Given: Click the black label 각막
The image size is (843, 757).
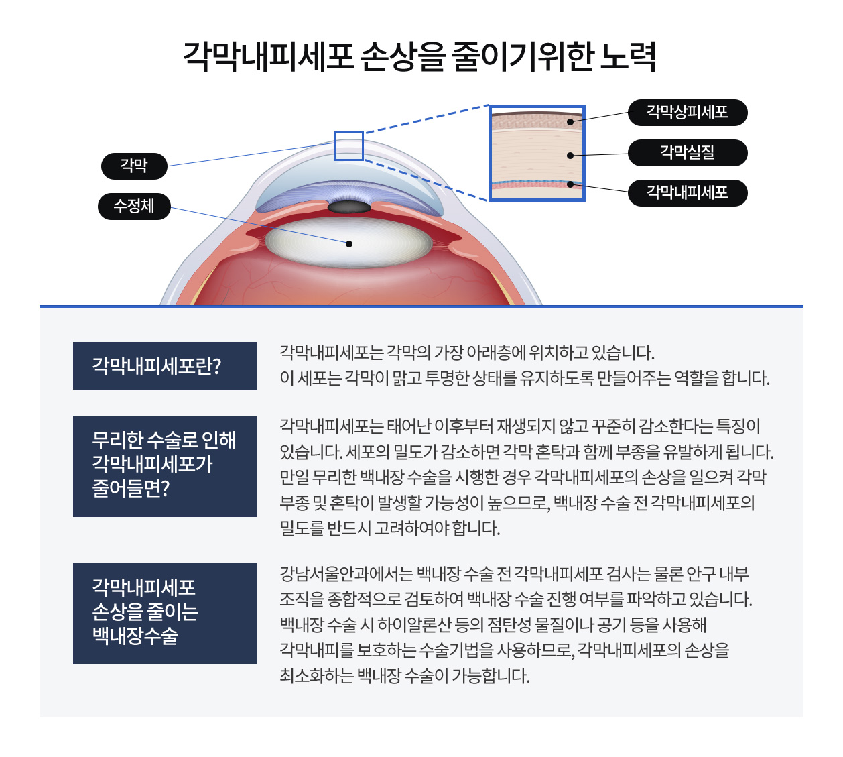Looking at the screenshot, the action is click(134, 166).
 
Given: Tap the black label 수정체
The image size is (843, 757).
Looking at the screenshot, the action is click(134, 206).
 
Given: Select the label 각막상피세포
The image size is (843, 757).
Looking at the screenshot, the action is click(687, 113).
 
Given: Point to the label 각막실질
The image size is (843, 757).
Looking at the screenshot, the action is click(687, 152).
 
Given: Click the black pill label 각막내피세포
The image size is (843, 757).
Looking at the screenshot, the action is click(687, 193).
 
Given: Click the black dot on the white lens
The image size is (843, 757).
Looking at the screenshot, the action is click(349, 244).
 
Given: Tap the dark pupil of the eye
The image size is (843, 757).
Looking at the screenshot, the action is click(349, 207).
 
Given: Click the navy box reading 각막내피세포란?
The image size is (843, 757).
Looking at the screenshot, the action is click(165, 365).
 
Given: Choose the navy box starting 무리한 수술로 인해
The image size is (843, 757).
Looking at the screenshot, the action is click(165, 466).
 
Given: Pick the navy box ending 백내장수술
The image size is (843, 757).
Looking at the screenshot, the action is click(165, 614).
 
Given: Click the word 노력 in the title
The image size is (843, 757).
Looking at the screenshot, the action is click(628, 56).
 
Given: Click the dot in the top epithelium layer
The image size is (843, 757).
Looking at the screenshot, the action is click(570, 122).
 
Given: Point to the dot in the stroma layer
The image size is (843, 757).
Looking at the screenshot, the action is click(570, 156).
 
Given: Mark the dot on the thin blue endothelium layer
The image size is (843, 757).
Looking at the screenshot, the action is click(570, 184).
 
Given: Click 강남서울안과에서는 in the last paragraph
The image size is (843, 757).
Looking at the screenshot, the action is click(346, 574).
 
